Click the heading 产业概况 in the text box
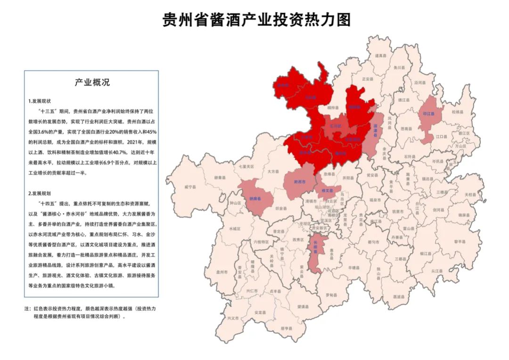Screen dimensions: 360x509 pyautogui.click(x=91, y=82)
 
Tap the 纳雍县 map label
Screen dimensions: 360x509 pyautogui.click(x=255, y=199)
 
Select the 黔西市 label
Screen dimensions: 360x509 pyautogui.click(x=299, y=181)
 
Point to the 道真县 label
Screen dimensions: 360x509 pyautogui.click(x=380, y=56)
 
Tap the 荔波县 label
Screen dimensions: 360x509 pyautogui.click(x=398, y=297)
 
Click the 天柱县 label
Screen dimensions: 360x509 pyautogui.click(x=471, y=195)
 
